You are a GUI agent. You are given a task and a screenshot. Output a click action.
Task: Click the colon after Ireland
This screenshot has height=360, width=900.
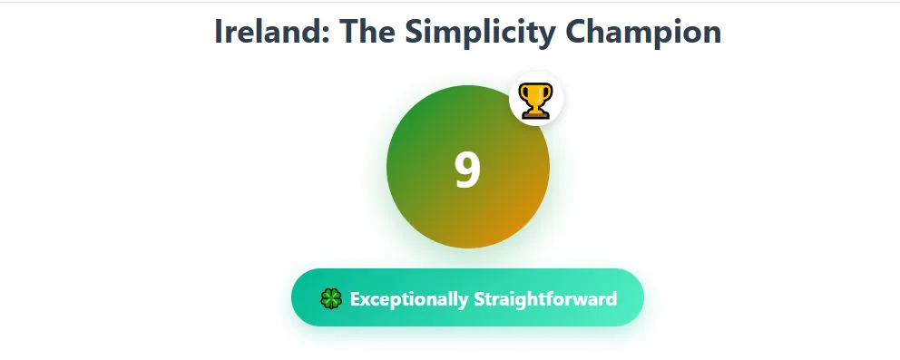(x=325, y=35)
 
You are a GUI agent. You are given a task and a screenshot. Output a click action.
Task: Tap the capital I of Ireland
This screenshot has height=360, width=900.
(x=218, y=32)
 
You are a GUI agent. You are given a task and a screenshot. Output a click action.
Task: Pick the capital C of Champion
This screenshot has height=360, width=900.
(x=576, y=32)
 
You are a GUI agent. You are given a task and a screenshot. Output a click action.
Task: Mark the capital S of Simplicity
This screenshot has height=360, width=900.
(x=414, y=32)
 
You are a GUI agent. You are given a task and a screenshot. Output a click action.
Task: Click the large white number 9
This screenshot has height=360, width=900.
(x=468, y=170)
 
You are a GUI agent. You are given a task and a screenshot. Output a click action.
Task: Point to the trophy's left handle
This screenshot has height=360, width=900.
(x=523, y=93)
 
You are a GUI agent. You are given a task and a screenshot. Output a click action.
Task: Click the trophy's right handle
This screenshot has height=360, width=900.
(x=548, y=93)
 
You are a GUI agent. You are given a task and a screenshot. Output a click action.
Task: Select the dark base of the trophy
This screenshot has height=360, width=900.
(x=535, y=114)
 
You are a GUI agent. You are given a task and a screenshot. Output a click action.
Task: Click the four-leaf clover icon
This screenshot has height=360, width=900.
(x=331, y=298)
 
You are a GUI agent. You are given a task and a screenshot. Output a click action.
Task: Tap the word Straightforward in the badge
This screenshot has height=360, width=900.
(x=545, y=299)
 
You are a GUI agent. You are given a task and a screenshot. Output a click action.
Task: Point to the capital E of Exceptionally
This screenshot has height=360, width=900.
(x=356, y=298)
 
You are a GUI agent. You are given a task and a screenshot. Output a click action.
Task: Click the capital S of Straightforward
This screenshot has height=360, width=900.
(x=479, y=298)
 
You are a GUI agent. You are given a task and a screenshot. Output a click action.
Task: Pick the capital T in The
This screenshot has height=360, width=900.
(x=348, y=32)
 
